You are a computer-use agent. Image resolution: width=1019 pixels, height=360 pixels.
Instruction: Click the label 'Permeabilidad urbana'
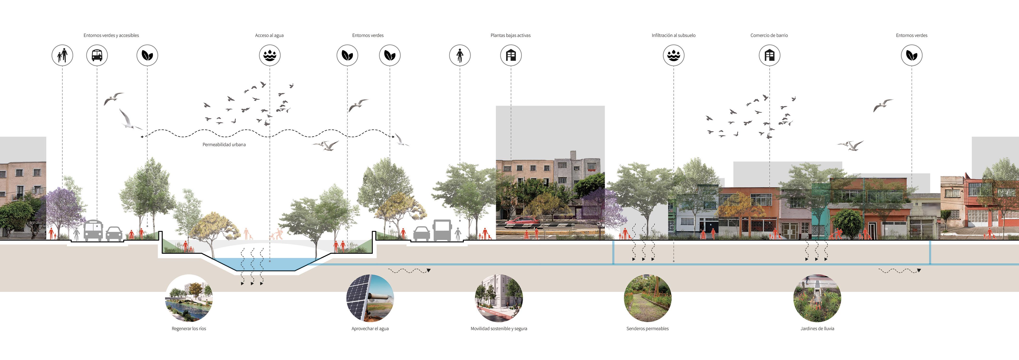[224, 145]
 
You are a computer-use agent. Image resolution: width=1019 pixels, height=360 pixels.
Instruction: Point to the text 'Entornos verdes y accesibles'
[111, 36]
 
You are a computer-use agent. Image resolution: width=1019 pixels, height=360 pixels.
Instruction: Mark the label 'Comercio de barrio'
[769, 36]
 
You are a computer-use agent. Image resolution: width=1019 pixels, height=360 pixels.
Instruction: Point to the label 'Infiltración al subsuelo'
[673, 36]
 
